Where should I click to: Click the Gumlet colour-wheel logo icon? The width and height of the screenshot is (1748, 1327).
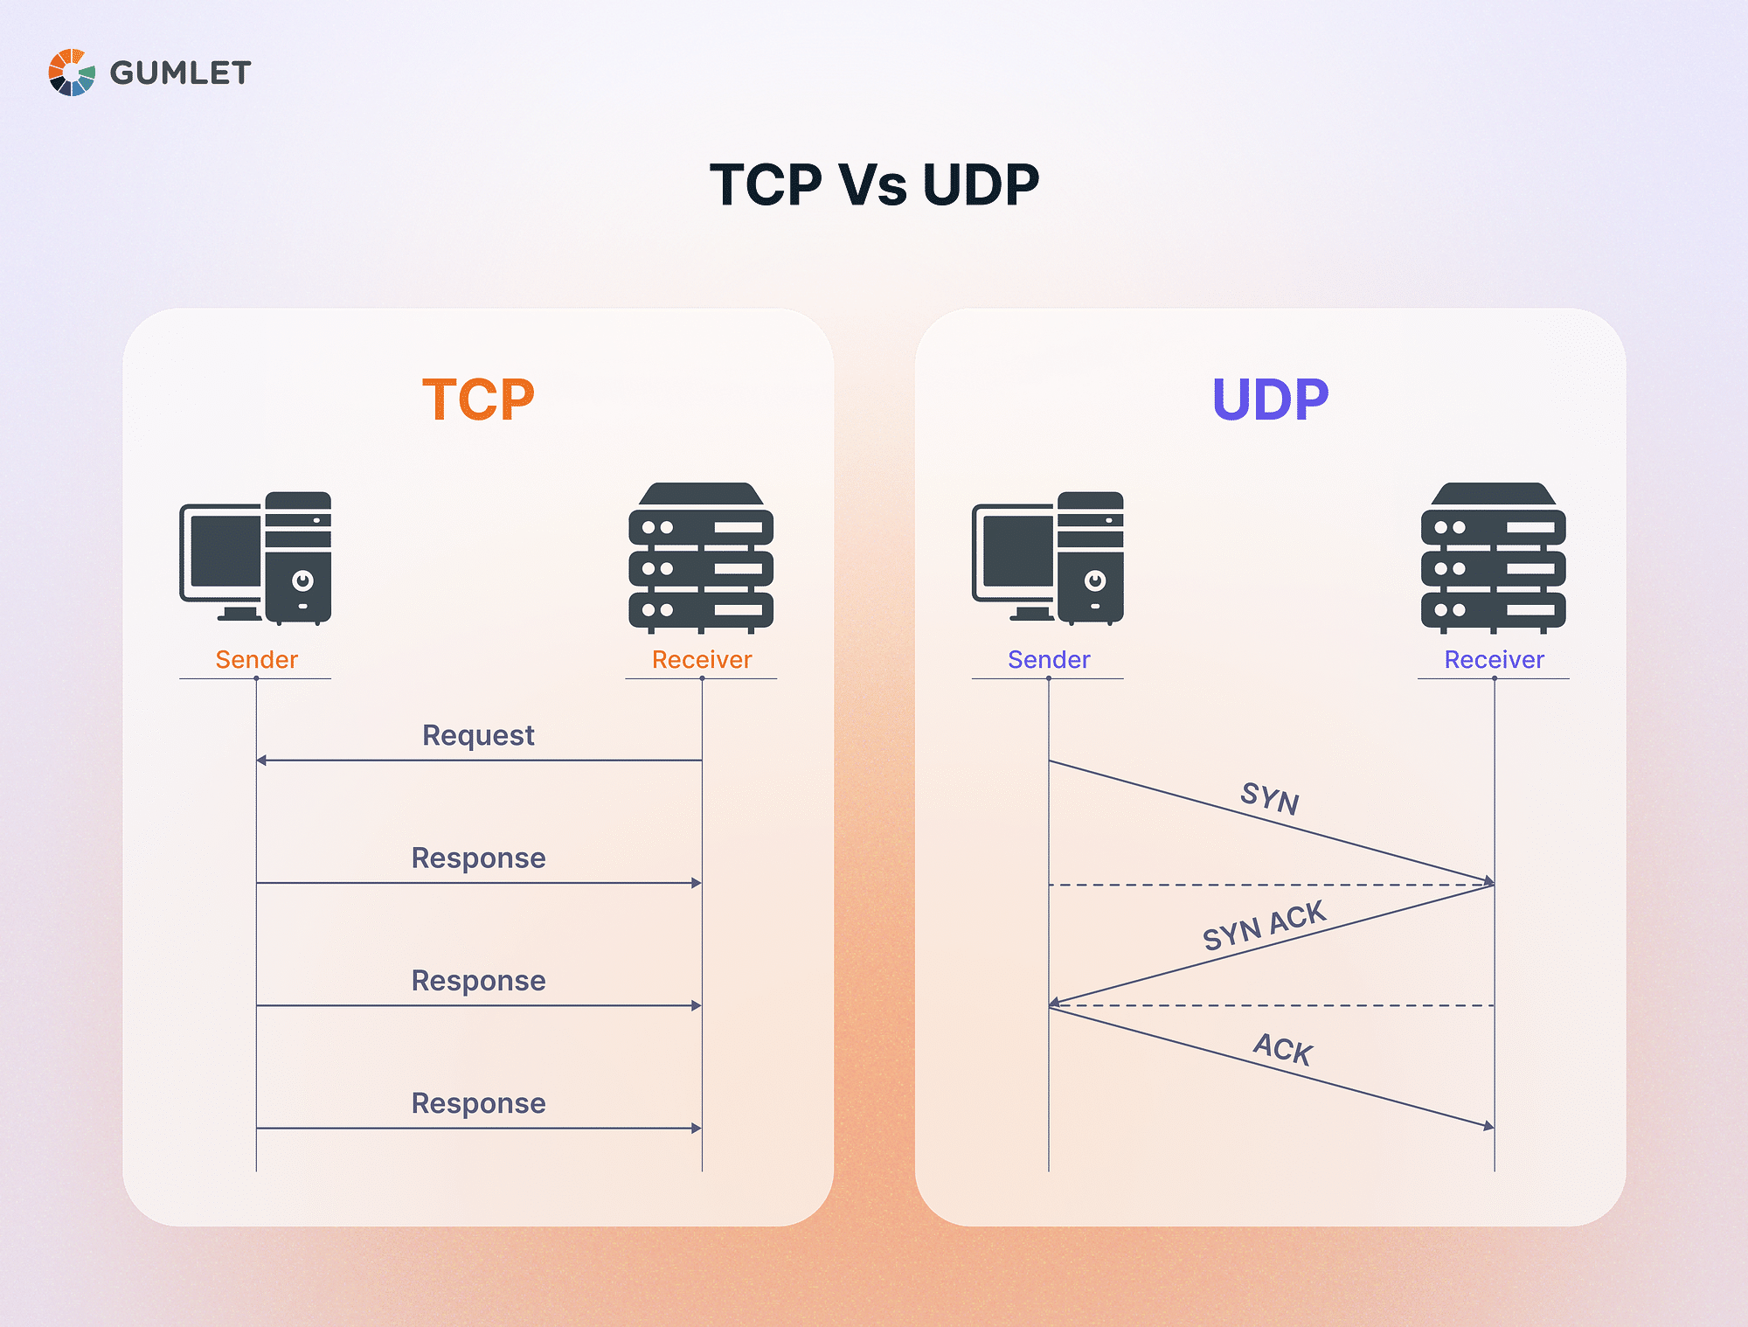point(72,73)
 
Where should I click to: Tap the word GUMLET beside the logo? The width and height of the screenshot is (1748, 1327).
point(180,73)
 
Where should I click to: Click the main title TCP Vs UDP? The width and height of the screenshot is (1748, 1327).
point(874,184)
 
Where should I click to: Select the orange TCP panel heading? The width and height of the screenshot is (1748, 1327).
point(478,399)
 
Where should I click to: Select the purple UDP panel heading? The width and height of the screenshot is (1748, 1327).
point(1270,399)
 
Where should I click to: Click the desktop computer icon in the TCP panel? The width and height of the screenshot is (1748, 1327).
point(255,558)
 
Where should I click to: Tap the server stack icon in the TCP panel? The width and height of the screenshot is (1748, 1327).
point(701,558)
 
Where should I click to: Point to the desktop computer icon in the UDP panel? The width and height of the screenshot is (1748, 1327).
point(1048,558)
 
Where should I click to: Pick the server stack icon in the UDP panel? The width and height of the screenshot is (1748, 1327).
point(1494,558)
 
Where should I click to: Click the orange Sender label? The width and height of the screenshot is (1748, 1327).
point(256,659)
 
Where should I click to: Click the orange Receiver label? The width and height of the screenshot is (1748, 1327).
point(702,659)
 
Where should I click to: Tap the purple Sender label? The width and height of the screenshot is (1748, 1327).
point(1049,659)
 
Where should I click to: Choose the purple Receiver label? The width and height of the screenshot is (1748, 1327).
point(1495,659)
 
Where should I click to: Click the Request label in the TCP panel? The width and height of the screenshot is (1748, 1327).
point(478,735)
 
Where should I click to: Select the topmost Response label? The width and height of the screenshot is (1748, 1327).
point(478,858)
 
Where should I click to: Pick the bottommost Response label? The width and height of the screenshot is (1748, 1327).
point(478,1103)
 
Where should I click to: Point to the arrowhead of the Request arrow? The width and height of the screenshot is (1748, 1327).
point(261,761)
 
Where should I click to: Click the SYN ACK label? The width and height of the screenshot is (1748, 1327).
point(1264,926)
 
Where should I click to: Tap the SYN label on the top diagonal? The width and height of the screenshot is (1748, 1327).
point(1270,798)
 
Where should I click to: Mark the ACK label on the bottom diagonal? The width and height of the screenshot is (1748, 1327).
point(1283,1049)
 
